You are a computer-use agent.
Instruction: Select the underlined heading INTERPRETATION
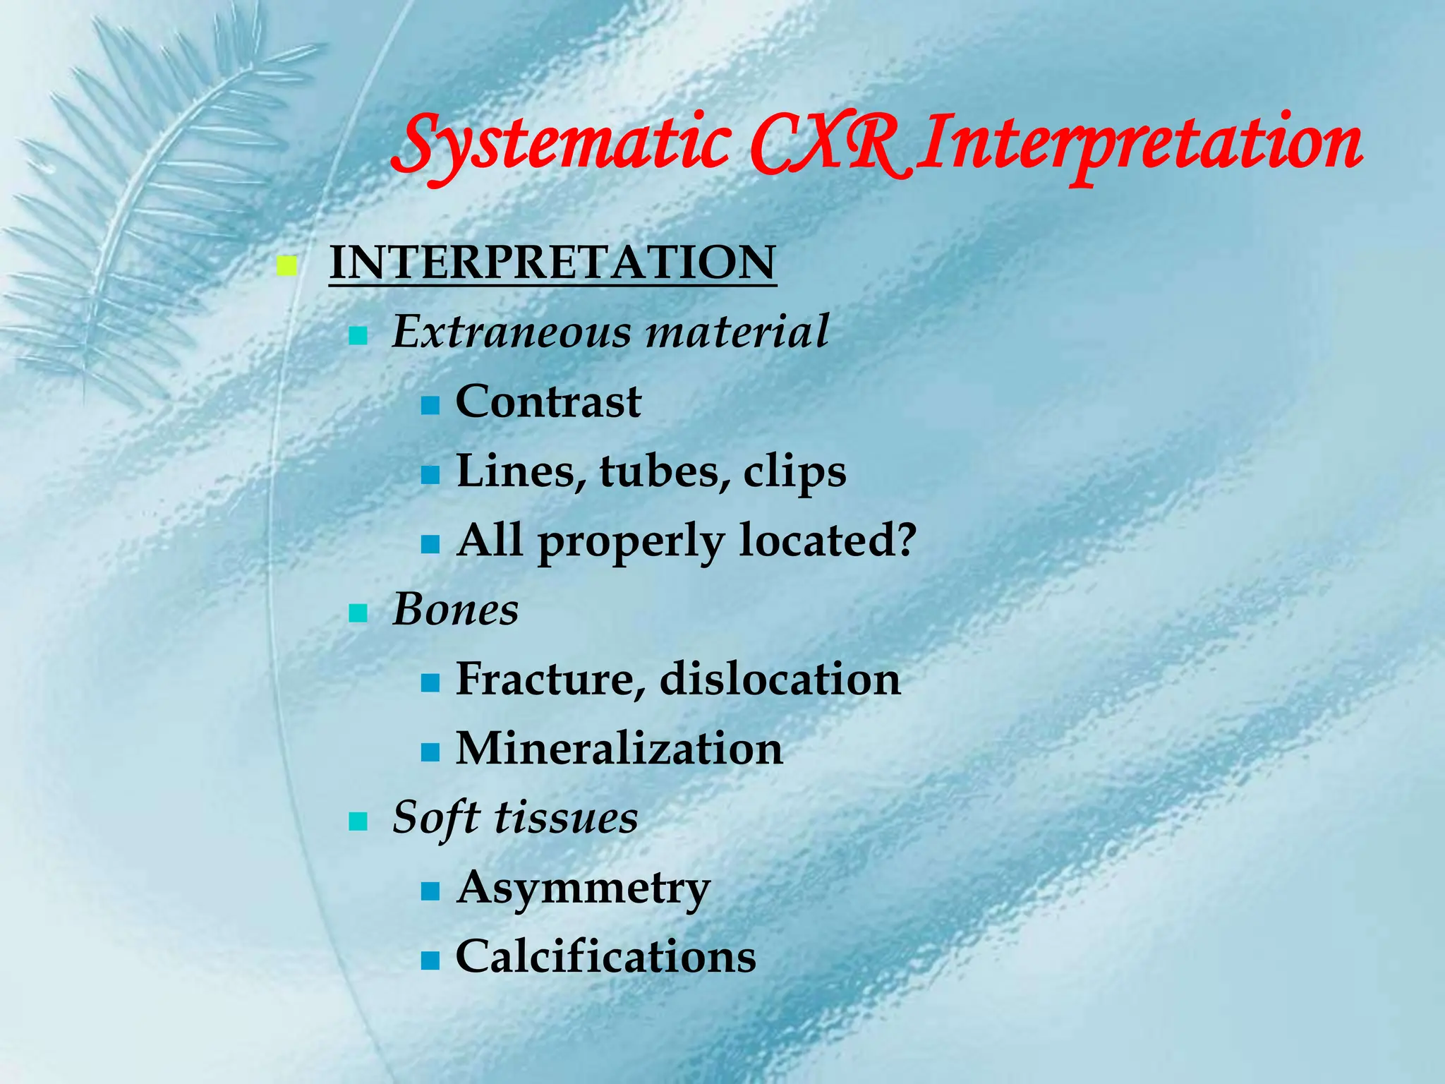pos(552,263)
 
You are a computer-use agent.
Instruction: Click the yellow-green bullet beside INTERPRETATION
pos(286,267)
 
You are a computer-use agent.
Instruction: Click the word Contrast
pos(548,402)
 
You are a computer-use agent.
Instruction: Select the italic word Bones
pos(455,609)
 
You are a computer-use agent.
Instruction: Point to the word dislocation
pos(780,679)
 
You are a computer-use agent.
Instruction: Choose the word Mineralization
pos(619,748)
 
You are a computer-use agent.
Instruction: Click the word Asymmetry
pos(583,888)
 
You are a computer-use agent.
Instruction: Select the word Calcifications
pos(605,957)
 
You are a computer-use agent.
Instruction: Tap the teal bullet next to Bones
pos(358,613)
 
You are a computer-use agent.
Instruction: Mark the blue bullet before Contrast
pos(430,406)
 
